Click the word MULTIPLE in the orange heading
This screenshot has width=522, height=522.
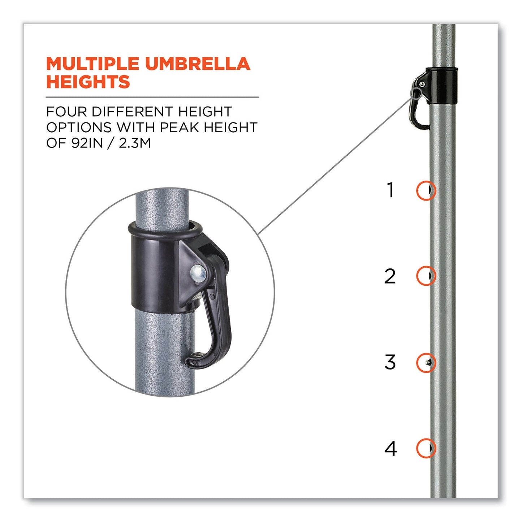coord(92,64)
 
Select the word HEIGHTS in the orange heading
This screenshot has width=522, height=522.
coord(88,82)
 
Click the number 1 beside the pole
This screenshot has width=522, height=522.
coord(390,190)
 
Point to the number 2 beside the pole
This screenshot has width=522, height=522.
coord(390,276)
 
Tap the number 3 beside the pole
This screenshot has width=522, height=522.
coord(390,362)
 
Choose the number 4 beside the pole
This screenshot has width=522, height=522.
coord(391,449)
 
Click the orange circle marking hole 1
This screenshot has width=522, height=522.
coord(426,190)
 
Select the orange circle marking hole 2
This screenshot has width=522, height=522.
coord(426,276)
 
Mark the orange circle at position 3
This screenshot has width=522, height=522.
coord(426,362)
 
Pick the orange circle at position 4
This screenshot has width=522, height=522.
coord(426,448)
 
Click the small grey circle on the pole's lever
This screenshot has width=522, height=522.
coord(416,94)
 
